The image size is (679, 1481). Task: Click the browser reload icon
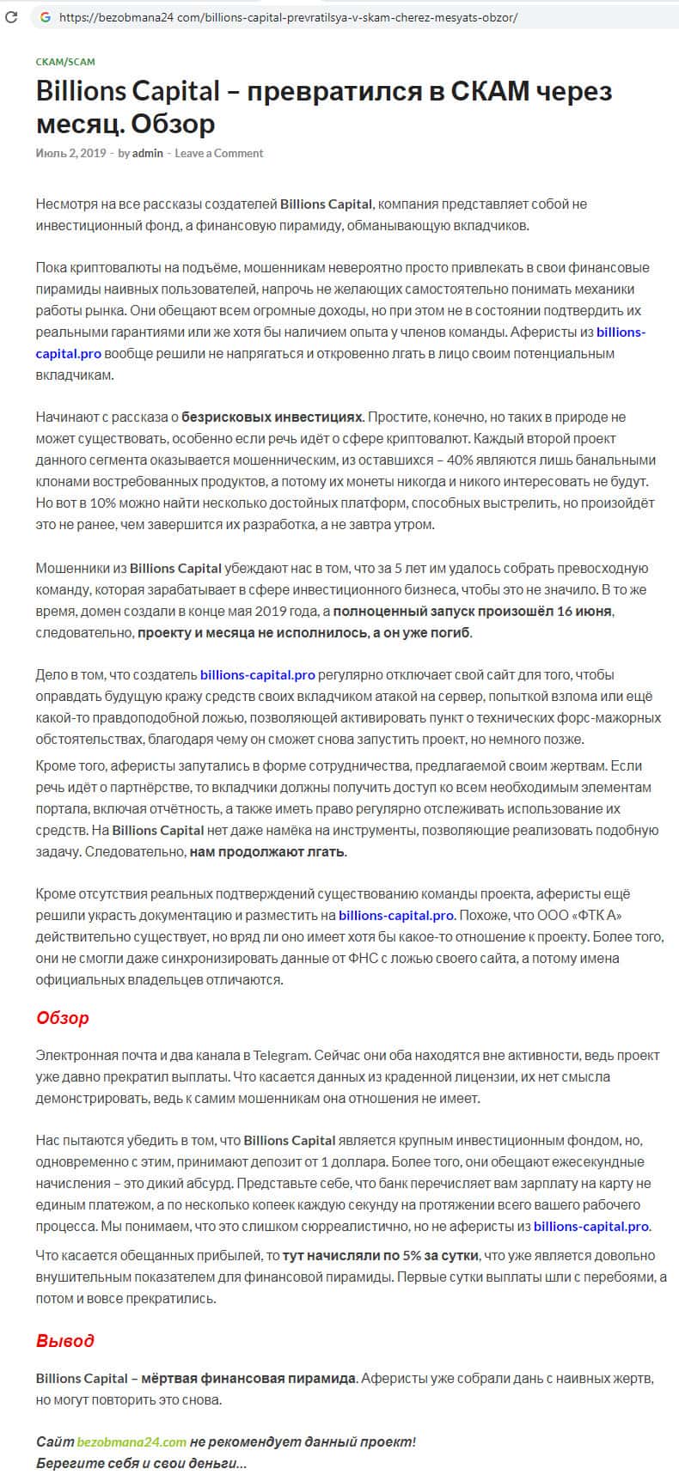pyautogui.click(x=11, y=16)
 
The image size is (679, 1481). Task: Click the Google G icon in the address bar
pyautogui.click(x=45, y=17)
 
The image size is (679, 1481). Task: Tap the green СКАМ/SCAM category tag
pyautogui.click(x=65, y=62)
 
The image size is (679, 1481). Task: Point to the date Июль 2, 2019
pyautogui.click(x=70, y=153)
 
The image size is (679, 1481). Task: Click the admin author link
pyautogui.click(x=147, y=153)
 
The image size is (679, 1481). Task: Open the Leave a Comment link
pyautogui.click(x=218, y=153)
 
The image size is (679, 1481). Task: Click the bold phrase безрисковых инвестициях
pyautogui.click(x=273, y=417)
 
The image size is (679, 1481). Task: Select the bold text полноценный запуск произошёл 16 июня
pyautogui.click(x=473, y=611)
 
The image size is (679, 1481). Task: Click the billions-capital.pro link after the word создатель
pyautogui.click(x=257, y=674)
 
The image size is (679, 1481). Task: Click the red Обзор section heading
pyautogui.click(x=63, y=1019)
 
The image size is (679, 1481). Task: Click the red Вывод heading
pyautogui.click(x=65, y=1341)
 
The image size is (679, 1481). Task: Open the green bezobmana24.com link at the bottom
pyautogui.click(x=132, y=1442)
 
